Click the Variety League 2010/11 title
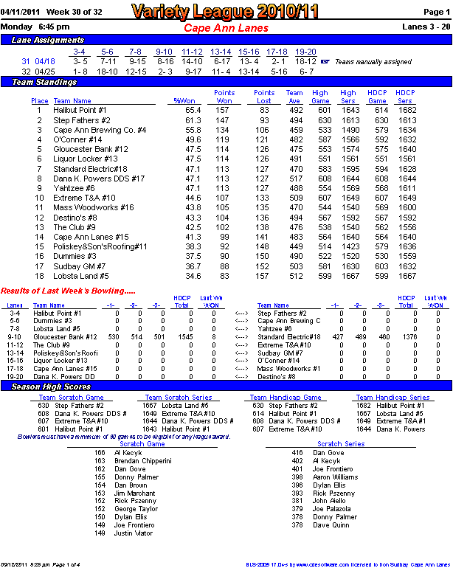226,11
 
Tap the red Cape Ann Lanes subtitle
226,28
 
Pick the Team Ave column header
294,97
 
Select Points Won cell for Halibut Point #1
222,110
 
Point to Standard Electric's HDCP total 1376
406,336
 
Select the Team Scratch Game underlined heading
71,398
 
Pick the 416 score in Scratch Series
297,453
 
